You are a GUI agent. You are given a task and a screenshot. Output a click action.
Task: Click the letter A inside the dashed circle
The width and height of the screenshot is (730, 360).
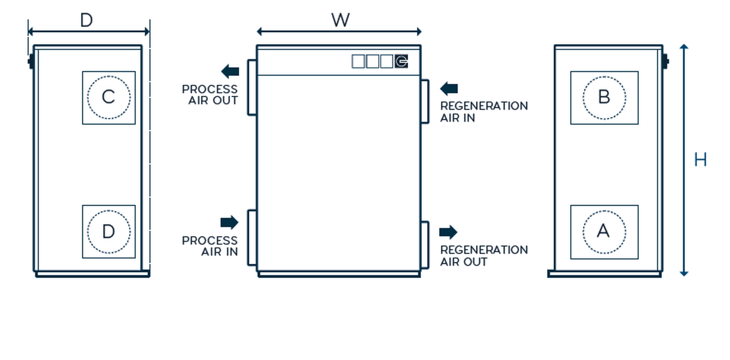(x=603, y=231)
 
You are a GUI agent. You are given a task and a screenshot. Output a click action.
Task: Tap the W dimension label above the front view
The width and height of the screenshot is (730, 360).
(x=340, y=20)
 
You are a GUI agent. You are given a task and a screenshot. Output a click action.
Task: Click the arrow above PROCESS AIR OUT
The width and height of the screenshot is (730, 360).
(x=230, y=71)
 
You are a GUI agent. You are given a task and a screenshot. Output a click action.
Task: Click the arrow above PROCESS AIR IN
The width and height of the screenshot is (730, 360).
(x=229, y=222)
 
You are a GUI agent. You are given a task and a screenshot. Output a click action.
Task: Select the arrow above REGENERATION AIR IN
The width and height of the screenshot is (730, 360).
(x=449, y=88)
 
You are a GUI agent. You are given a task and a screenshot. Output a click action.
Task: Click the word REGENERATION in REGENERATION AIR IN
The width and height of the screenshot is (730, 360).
(x=484, y=106)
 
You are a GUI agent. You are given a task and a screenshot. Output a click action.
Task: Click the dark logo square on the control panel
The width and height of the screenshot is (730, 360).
(x=401, y=61)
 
